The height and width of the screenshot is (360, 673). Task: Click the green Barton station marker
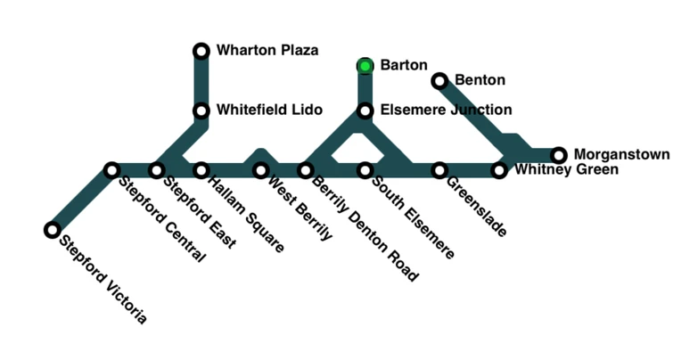tap(365, 65)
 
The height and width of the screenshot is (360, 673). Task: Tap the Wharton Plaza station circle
tap(201, 51)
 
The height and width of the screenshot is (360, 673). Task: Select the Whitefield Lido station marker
tap(201, 110)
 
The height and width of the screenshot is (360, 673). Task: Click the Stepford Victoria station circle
tap(52, 230)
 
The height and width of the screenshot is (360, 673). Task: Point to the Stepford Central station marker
tap(111, 169)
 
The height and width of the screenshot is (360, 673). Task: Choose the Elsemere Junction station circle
tap(365, 110)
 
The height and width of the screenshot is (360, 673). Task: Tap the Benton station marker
tap(439, 81)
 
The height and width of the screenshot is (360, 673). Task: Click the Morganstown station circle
tap(559, 155)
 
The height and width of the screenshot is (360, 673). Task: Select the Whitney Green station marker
tap(499, 170)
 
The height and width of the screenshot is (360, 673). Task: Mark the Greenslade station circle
tap(439, 169)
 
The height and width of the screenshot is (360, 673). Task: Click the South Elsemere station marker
tap(365, 169)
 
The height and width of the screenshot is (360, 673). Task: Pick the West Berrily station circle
tap(260, 169)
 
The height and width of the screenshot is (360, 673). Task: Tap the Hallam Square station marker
tap(201, 169)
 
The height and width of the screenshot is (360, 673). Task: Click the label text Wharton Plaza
tap(267, 50)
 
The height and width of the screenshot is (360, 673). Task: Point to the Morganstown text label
tap(621, 154)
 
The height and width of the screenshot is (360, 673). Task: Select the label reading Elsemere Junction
tap(446, 110)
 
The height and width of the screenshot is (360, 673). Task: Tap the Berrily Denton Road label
tap(363, 228)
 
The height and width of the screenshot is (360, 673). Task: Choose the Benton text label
tap(480, 80)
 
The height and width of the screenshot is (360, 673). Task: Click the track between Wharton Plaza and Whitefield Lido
tap(201, 80)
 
